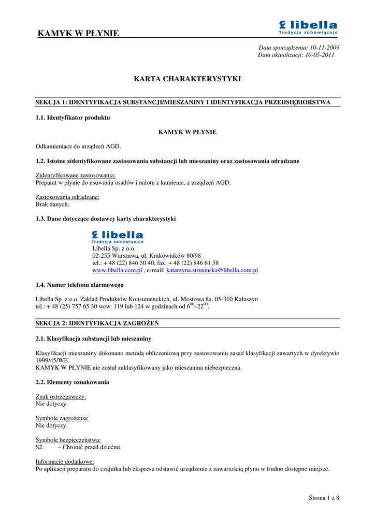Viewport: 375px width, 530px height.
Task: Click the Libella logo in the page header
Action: (x=308, y=28)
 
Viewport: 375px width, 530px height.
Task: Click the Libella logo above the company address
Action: (x=118, y=237)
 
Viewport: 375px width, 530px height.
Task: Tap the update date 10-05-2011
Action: (x=320, y=55)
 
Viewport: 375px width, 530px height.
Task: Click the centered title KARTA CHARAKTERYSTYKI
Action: (x=187, y=79)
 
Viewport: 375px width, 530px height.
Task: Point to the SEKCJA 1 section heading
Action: (x=182, y=102)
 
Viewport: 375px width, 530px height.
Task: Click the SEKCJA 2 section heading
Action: (x=97, y=323)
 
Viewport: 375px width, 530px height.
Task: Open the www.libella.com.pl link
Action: (x=117, y=270)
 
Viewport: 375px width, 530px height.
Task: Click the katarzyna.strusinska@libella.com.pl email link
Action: (x=212, y=270)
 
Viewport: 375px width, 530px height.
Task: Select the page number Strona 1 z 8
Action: (x=324, y=498)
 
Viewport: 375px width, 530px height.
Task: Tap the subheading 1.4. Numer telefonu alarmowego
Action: (x=79, y=285)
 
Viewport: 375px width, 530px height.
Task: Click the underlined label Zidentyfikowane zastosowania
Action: (x=76, y=175)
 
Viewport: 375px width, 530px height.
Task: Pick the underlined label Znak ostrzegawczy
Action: (x=61, y=396)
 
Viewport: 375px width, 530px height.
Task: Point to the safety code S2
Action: (x=39, y=447)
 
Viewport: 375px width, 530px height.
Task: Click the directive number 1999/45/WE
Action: (x=52, y=361)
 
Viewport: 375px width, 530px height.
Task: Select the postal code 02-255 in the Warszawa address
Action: (x=103, y=256)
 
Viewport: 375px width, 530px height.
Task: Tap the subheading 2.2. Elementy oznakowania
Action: (x=72, y=382)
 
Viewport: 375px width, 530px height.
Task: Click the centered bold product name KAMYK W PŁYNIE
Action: (x=187, y=132)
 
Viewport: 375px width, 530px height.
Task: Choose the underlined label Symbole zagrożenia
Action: (x=62, y=418)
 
